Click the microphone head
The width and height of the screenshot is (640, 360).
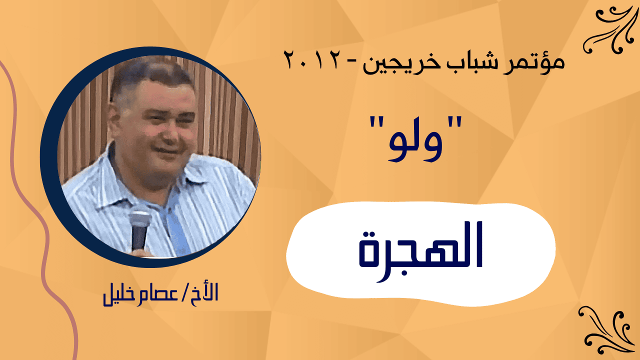tap(140, 220)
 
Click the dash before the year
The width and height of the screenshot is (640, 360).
tap(351, 61)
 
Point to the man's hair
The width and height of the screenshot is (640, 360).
tap(151, 73)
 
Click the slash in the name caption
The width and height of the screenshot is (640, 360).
tap(183, 292)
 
